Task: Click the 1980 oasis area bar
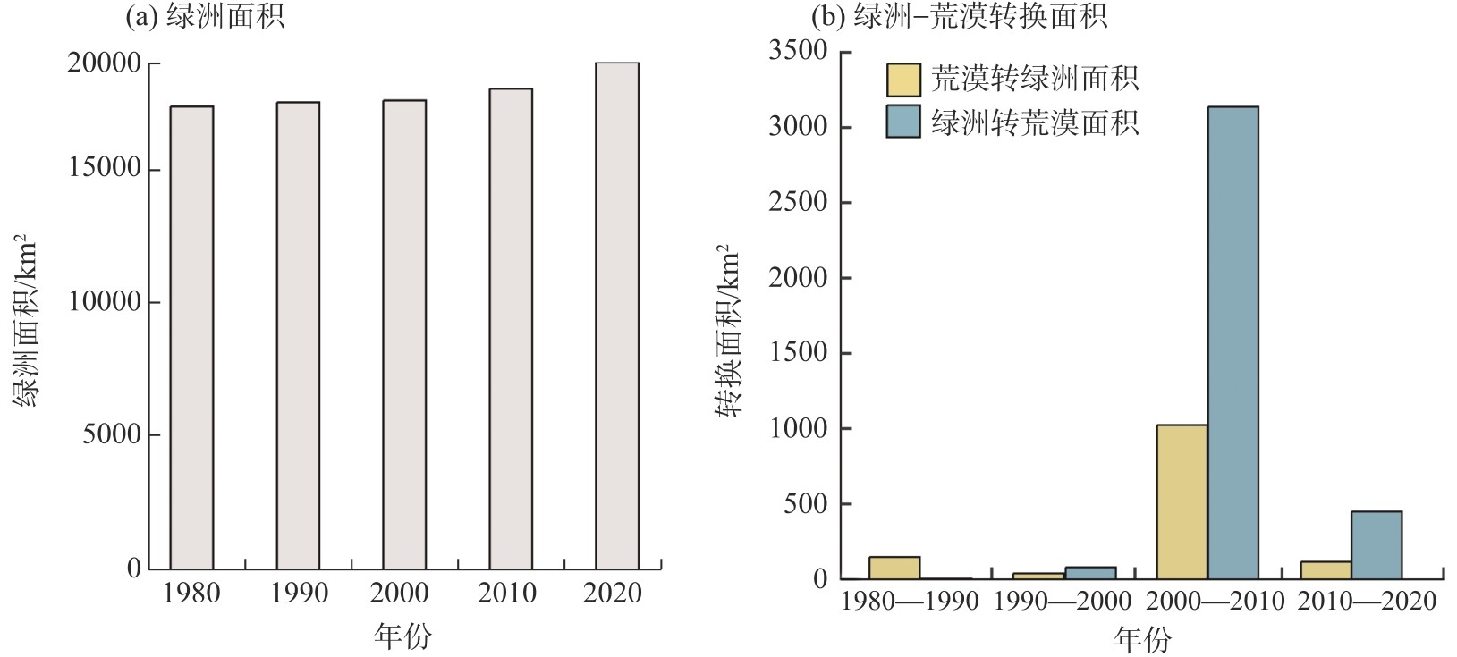191,337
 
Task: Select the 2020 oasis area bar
616,316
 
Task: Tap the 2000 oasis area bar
404,334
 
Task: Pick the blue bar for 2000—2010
1233,342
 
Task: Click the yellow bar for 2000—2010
1182,501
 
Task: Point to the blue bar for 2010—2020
1376,544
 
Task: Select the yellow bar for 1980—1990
894,568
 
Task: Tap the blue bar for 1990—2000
1089,573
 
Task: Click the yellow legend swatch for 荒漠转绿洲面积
902,80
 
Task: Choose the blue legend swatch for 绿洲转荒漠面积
902,122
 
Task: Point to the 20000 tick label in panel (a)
105,63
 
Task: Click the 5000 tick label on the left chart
112,435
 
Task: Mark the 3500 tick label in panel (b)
798,51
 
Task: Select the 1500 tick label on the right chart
798,353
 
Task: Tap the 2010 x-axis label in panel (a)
507,594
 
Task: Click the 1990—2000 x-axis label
1063,601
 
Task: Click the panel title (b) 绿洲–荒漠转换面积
958,15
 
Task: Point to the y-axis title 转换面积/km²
728,331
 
